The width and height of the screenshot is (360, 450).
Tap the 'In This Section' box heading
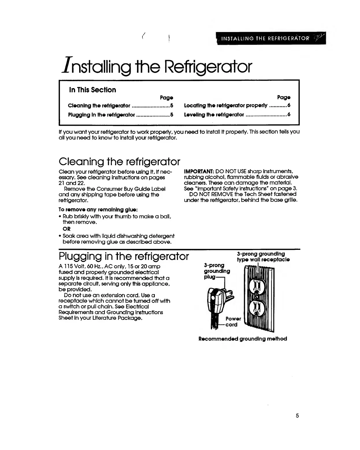[92, 90]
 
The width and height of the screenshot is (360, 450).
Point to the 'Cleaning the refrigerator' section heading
[119, 161]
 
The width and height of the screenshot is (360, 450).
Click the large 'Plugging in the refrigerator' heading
[124, 256]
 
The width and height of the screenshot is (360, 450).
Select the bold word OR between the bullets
[66, 229]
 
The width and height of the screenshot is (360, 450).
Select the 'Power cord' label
[233, 321]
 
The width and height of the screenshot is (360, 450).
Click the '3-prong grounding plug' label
[216, 271]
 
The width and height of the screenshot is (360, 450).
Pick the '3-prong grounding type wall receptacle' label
[263, 256]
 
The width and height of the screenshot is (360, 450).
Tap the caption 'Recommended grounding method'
[243, 339]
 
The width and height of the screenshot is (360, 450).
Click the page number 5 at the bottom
[297, 416]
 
